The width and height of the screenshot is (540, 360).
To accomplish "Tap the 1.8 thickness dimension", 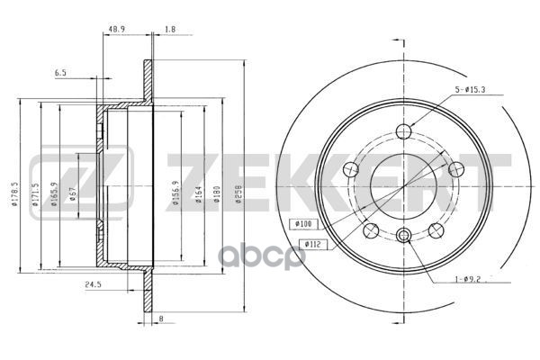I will pyautogui.click(x=169, y=30).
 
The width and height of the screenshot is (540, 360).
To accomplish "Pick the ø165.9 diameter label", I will pyautogui.click(x=54, y=193).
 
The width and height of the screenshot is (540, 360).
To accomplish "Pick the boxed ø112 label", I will pyautogui.click(x=313, y=242).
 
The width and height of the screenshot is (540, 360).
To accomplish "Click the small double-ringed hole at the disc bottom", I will pyautogui.click(x=403, y=236).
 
